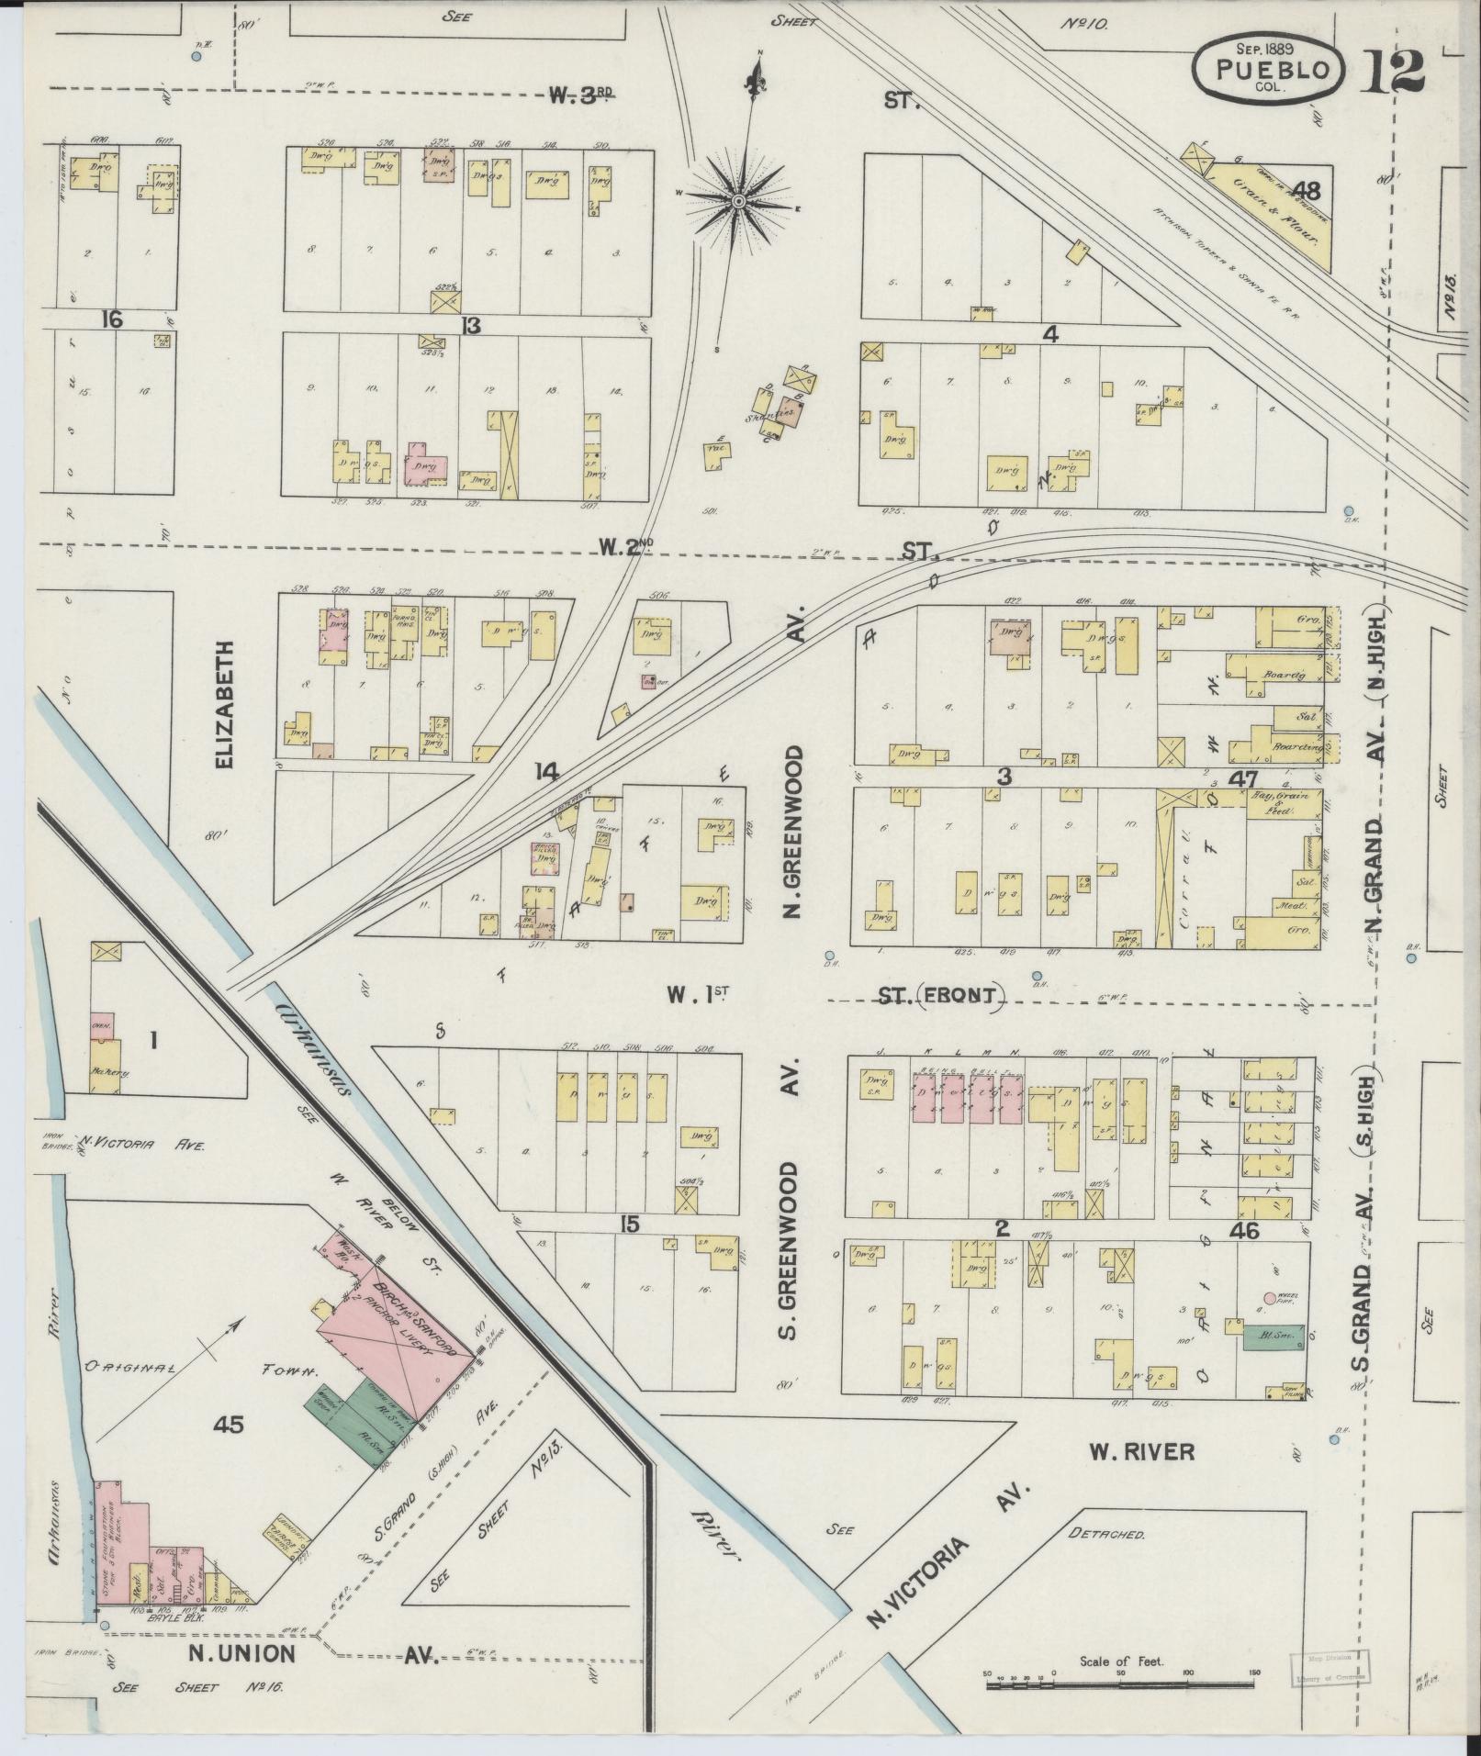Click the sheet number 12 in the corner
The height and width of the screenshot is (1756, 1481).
pyautogui.click(x=1393, y=72)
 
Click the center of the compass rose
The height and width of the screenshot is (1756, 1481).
pyautogui.click(x=738, y=199)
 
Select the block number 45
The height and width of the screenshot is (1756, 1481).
pyautogui.click(x=228, y=1424)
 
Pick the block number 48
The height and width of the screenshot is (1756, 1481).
pyautogui.click(x=1305, y=191)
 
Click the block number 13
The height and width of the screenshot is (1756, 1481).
pyautogui.click(x=471, y=325)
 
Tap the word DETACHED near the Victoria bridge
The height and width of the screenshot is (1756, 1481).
pyautogui.click(x=1106, y=1534)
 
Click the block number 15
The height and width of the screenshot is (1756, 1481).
pyautogui.click(x=629, y=1225)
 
